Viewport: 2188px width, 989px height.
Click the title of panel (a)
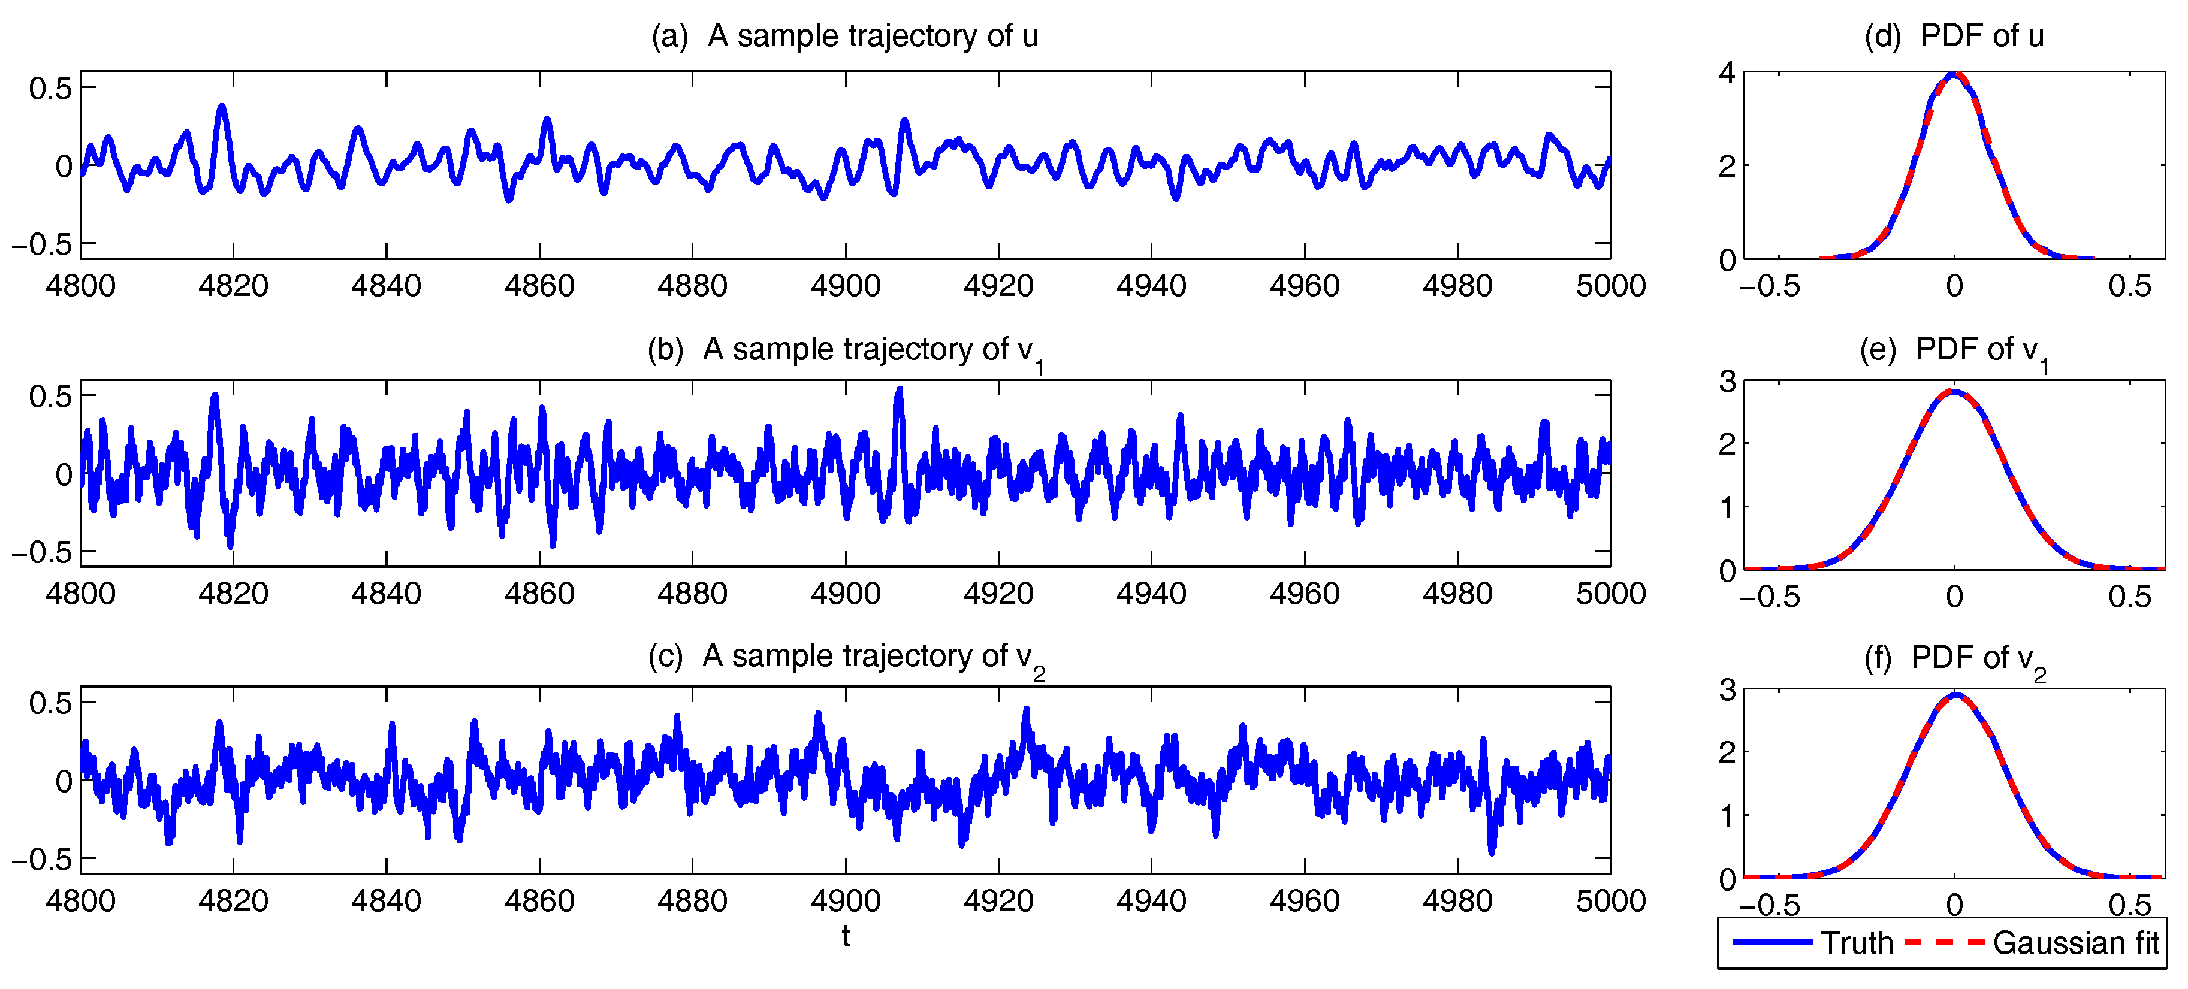point(844,36)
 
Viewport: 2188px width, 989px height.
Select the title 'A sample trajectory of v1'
point(844,350)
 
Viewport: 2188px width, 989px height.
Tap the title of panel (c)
point(844,657)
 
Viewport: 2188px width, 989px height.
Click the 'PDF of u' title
point(1954,36)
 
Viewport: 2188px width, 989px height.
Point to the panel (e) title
point(1954,350)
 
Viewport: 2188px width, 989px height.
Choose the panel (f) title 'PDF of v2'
point(1954,658)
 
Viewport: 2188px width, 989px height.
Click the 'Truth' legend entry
point(1857,943)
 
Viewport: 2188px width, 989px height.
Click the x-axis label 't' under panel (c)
point(845,936)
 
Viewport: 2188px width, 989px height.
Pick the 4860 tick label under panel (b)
point(539,594)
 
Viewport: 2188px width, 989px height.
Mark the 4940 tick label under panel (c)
point(1151,901)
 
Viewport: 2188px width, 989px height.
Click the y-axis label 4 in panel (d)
point(1727,73)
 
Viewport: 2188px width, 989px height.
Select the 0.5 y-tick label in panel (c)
point(51,703)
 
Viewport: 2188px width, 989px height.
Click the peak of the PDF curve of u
point(1954,75)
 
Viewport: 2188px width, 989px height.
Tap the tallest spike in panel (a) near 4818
point(222,107)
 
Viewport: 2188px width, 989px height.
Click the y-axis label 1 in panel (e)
point(1727,507)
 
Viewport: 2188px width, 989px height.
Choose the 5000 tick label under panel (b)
point(1610,594)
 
